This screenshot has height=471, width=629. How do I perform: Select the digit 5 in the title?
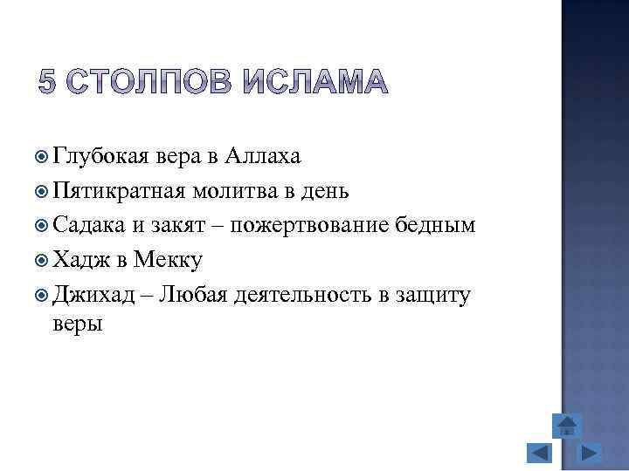pos(50,82)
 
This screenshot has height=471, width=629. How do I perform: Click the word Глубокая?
pos(102,157)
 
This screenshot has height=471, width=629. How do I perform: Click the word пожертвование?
pos(314,225)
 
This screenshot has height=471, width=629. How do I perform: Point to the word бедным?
pos(434,225)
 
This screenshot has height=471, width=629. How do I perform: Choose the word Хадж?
pos(77,259)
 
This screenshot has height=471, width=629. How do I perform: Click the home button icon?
pos(567,425)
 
